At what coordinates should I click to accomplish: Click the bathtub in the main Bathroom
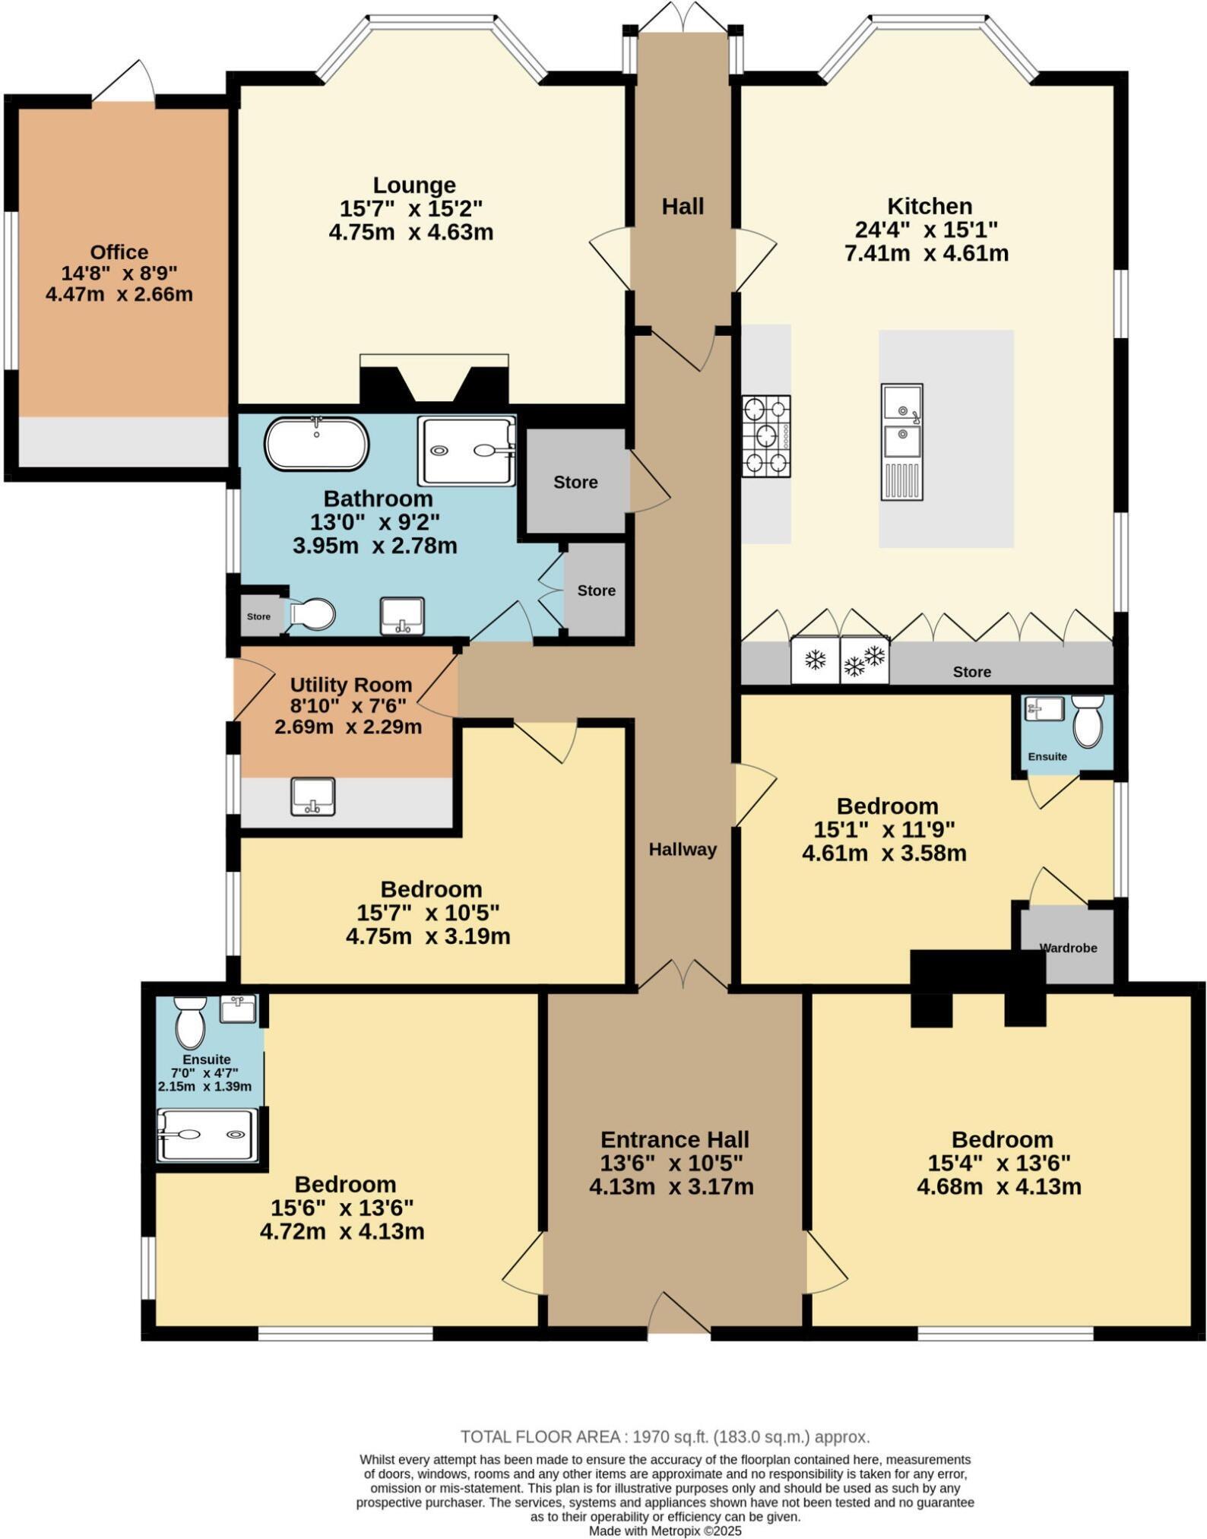click(316, 444)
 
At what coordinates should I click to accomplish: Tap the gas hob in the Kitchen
click(765, 436)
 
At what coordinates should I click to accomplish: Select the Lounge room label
click(414, 185)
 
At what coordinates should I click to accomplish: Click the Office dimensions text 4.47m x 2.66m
click(119, 294)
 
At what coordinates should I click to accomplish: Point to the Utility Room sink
click(312, 796)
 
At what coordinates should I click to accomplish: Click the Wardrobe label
click(1068, 948)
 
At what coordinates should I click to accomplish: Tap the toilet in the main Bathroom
click(312, 614)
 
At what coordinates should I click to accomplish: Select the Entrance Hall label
click(674, 1139)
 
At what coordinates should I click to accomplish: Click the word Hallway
click(683, 850)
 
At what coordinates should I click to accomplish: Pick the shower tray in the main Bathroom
click(466, 451)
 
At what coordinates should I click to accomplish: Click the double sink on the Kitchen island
click(902, 441)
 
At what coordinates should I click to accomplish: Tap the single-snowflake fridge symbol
click(815, 660)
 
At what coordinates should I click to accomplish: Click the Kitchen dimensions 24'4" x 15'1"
click(930, 230)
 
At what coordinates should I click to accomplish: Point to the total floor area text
click(665, 1436)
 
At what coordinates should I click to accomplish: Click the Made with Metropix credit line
click(665, 1531)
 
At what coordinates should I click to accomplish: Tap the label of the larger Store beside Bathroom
click(575, 482)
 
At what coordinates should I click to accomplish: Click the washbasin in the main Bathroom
click(402, 615)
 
